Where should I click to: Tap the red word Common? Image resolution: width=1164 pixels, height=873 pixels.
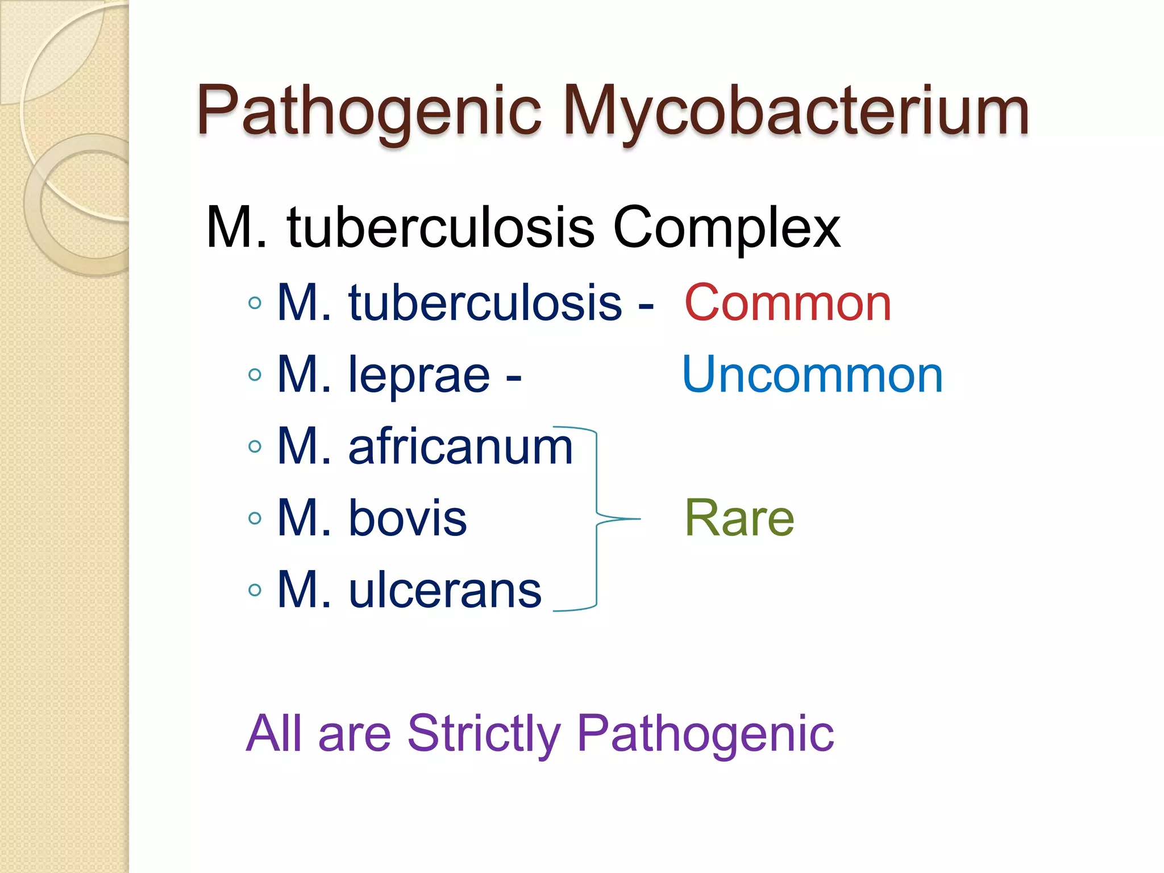coord(788,303)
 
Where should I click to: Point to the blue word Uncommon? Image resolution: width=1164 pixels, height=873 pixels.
coord(812,375)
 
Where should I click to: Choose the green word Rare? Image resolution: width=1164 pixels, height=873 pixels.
coord(739,518)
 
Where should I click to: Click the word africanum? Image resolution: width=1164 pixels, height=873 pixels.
coord(460,447)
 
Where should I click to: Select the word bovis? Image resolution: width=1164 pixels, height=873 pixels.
coord(408,518)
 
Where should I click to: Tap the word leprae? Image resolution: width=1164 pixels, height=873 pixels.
coord(419,376)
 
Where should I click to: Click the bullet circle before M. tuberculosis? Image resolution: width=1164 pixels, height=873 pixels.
coord(255,303)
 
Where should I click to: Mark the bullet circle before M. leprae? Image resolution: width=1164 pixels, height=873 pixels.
coord(255,375)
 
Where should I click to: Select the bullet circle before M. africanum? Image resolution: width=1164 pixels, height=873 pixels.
coord(255,447)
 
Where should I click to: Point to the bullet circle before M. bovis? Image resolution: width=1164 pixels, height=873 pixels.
coord(255,518)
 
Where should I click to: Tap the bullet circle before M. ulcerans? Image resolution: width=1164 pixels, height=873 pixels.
coord(255,590)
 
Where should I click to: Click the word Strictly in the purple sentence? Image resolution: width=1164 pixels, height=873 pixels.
coord(484,734)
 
